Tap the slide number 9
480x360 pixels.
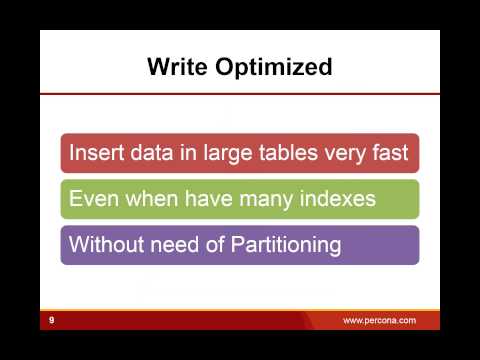click(x=50, y=320)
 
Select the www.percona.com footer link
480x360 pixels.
click(x=379, y=320)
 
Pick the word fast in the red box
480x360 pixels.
click(x=389, y=154)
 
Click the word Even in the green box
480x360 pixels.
click(x=90, y=199)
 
